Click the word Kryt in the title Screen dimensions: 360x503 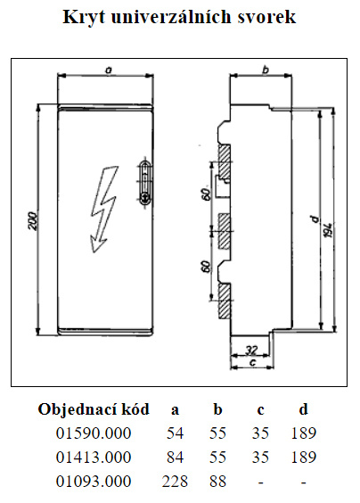[84, 17]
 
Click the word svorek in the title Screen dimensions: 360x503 [266, 17]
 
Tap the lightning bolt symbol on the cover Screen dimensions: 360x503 [104, 210]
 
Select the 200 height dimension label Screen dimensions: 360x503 [32, 220]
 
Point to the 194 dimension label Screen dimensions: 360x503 [328, 230]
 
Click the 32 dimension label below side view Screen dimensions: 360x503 [251, 350]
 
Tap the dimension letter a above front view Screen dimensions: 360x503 [109, 70]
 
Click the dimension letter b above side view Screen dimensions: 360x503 [266, 70]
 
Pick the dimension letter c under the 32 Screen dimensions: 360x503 [252, 362]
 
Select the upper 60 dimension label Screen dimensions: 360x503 [206, 194]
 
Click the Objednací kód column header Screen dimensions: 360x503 [94, 409]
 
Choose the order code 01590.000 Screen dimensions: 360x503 [94, 433]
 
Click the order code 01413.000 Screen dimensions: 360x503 [94, 458]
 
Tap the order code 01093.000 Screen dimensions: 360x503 [94, 482]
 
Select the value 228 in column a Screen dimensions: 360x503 [175, 482]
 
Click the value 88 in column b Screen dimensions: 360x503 [217, 482]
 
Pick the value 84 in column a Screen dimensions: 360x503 [175, 458]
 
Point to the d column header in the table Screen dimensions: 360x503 [303, 409]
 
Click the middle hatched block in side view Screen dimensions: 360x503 [224, 231]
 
